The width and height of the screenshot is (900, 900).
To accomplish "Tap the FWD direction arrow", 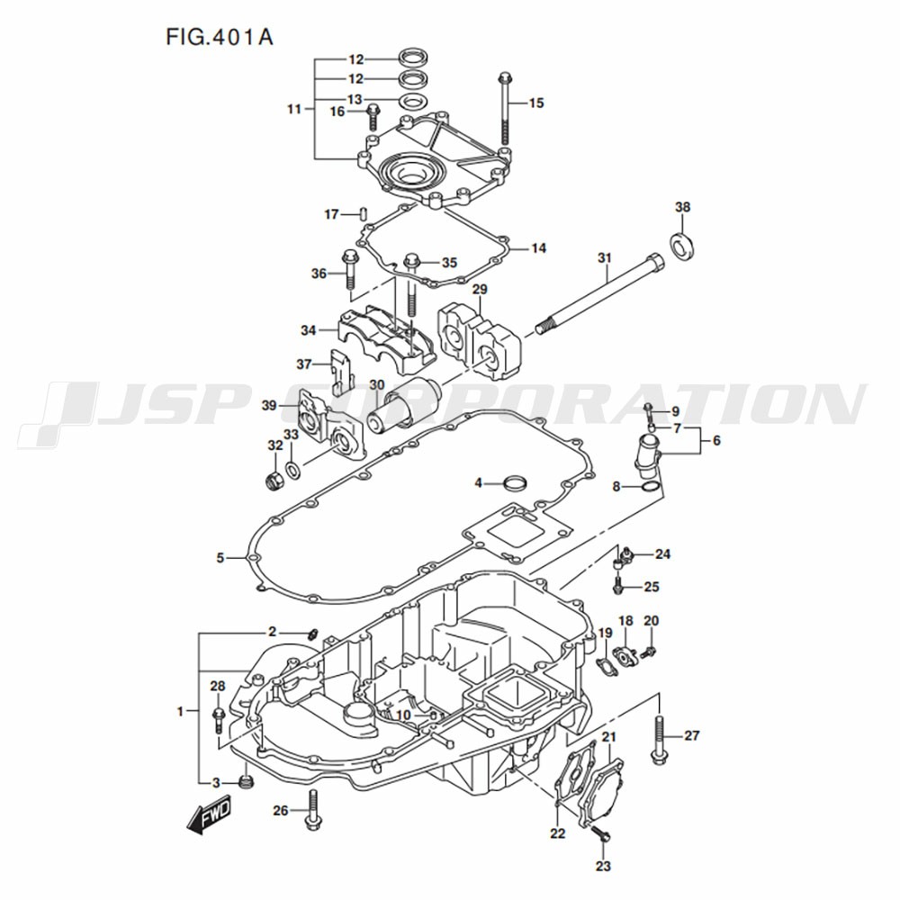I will [210, 812].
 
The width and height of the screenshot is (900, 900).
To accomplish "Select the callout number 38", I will [683, 208].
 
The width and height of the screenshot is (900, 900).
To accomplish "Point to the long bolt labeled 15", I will [504, 108].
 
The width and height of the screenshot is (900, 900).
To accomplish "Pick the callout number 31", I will [604, 258].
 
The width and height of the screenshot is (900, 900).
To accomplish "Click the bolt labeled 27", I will [660, 737].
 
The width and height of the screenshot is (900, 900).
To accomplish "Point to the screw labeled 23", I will [602, 837].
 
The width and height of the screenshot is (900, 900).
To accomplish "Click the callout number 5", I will [220, 558].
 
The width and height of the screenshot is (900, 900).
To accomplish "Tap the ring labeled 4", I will [516, 482].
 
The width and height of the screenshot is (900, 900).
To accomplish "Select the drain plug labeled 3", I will [247, 781].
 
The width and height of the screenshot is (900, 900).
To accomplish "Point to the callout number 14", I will [538, 247].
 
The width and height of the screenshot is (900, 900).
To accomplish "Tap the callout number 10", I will [402, 715].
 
